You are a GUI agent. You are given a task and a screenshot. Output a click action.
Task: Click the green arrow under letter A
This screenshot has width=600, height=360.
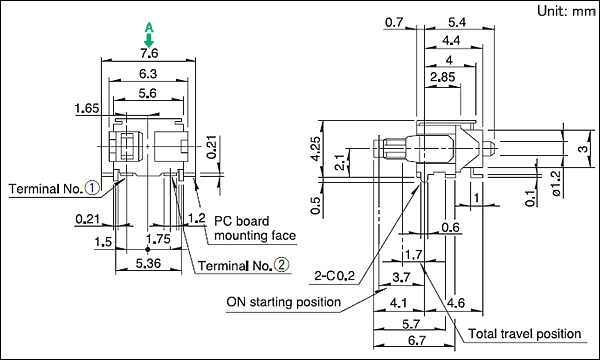(149, 39)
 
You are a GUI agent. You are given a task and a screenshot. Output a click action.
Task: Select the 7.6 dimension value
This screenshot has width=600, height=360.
(149, 53)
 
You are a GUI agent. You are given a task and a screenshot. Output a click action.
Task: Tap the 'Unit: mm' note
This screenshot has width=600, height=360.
(566, 11)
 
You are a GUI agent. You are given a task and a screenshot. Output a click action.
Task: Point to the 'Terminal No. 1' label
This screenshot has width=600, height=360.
(54, 188)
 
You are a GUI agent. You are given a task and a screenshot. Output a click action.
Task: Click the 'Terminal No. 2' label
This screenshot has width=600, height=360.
(244, 265)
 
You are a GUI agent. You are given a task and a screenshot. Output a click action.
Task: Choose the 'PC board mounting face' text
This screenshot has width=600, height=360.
(254, 228)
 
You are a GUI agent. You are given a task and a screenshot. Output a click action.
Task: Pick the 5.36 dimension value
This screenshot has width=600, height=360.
(148, 263)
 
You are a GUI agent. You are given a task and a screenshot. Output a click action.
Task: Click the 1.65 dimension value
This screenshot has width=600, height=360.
(87, 108)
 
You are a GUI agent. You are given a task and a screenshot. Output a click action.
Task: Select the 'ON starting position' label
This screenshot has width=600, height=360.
(284, 302)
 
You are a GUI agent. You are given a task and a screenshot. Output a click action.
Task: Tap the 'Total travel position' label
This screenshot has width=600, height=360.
(525, 334)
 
